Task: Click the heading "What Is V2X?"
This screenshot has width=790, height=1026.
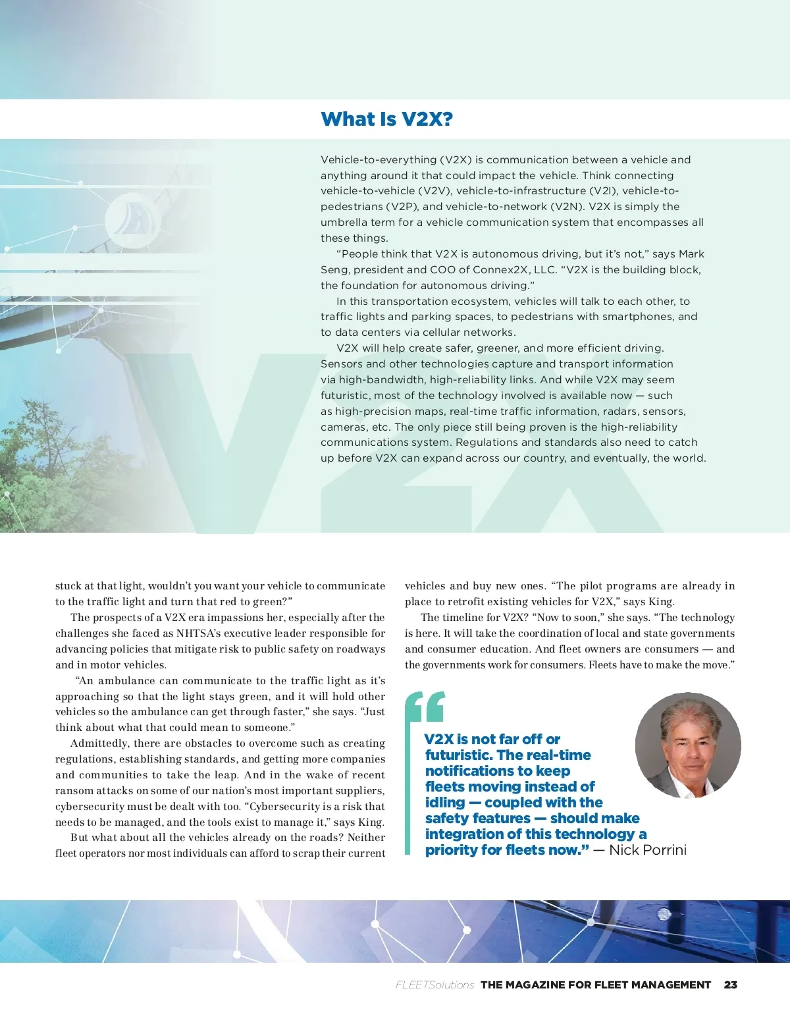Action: coord(386,119)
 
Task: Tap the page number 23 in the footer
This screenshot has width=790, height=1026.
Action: coord(730,985)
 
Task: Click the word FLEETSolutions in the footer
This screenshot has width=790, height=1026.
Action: coord(434,985)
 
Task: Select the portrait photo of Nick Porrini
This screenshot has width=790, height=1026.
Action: coord(688,745)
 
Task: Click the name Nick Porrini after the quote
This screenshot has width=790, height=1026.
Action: coord(647,850)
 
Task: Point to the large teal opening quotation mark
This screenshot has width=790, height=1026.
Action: coord(425,707)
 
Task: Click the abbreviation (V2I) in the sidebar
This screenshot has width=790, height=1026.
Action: coord(602,191)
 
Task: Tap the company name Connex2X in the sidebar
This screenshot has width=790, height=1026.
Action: coord(483,269)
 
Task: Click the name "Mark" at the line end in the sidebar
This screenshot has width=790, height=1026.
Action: coord(691,254)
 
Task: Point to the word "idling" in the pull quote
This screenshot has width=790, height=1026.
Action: coord(445,802)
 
